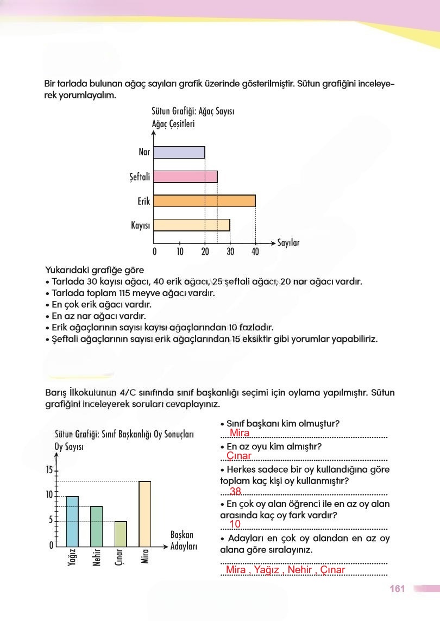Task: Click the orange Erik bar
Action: (204, 200)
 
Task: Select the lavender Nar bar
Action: (179, 152)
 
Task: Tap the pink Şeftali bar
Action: (185, 177)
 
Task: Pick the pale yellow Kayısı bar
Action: (191, 225)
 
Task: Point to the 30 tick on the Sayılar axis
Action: (230, 252)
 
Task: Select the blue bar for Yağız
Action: (72, 521)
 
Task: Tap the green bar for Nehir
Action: (96, 526)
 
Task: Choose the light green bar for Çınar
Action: (121, 534)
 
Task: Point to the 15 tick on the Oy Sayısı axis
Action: (49, 470)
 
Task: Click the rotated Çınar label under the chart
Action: (121, 558)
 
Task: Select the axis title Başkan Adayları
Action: (182, 541)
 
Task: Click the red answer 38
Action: (236, 491)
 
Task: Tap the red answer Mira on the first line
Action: (240, 433)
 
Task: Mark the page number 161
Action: (398, 589)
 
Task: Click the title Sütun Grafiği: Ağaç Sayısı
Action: (193, 111)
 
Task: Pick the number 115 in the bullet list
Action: (113, 293)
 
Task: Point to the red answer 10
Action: (235, 524)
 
